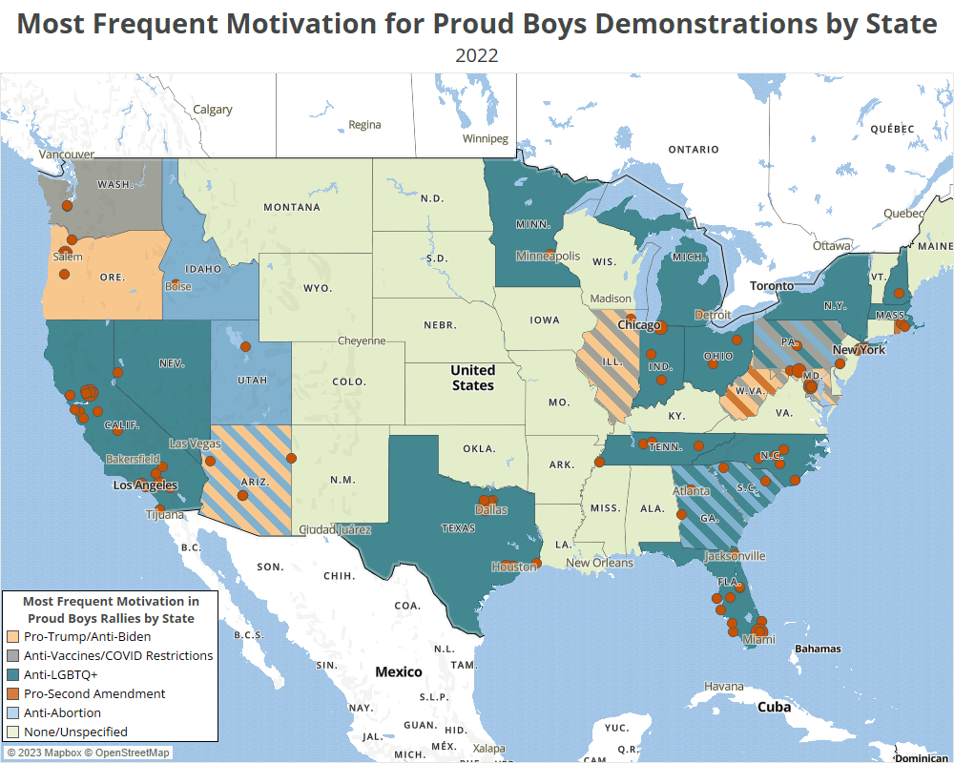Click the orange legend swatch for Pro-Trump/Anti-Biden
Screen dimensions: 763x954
[x=13, y=636]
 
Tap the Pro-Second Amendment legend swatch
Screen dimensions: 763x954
[x=13, y=693]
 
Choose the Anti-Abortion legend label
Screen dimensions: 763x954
[x=62, y=712]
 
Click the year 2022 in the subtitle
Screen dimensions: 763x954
[x=476, y=54]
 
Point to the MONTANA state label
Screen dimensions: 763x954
[x=292, y=207]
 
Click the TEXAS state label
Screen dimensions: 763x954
[x=458, y=527]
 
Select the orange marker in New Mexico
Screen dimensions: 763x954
[x=292, y=458]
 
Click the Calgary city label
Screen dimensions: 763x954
[x=213, y=110]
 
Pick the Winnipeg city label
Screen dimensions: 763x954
[x=486, y=138]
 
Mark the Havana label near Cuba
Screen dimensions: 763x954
[x=723, y=687]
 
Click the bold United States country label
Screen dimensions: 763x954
[x=472, y=377]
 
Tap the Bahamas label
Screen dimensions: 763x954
[x=818, y=649]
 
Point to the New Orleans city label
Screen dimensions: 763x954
[x=599, y=563]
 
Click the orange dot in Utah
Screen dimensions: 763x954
[x=244, y=347]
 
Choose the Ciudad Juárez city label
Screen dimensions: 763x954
[x=335, y=529]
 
